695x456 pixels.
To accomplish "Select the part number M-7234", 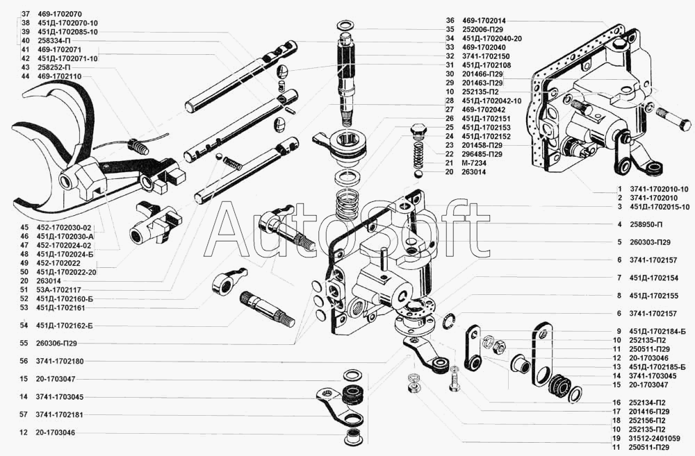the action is pyautogui.click(x=473, y=163).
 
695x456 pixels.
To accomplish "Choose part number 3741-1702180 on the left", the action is pyautogui.click(x=59, y=361).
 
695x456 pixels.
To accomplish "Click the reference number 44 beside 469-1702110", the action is pyautogui.click(x=25, y=76).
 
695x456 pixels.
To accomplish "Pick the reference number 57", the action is pyautogui.click(x=24, y=415).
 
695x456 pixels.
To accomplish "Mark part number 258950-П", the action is pyautogui.click(x=646, y=224).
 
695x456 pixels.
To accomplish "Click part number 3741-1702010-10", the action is pyautogui.click(x=659, y=189).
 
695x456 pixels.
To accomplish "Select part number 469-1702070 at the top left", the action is pyautogui.click(x=59, y=14).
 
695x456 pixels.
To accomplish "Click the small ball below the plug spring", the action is pyautogui.click(x=418, y=174).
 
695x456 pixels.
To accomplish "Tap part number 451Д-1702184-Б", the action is pyautogui.click(x=657, y=331).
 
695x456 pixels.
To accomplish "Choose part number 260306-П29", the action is pyautogui.click(x=57, y=343).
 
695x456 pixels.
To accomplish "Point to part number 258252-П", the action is pyautogui.click(x=54, y=67).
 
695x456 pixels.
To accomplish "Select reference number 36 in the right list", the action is pyautogui.click(x=450, y=20).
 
